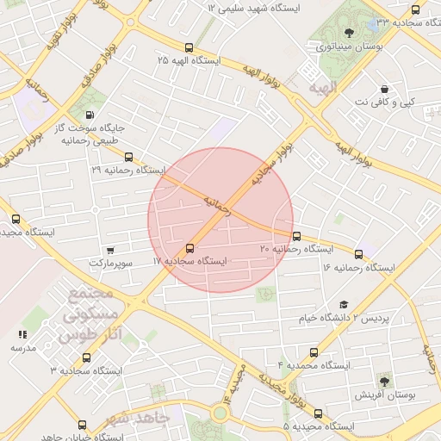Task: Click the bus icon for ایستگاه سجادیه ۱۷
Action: point(190,249)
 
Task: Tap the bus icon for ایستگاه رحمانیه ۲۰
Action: point(297,236)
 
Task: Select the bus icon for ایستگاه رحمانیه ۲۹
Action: point(128,157)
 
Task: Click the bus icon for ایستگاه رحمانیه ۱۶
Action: point(359,253)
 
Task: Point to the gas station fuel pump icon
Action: point(90,115)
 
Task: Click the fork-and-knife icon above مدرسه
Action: point(22,333)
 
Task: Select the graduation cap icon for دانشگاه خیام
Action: point(344,304)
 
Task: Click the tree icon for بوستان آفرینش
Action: point(383,379)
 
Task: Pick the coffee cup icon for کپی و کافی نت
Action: point(383,89)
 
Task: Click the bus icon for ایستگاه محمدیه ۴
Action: point(314,352)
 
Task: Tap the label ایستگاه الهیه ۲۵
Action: point(189,61)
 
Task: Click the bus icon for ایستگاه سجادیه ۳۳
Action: point(416,10)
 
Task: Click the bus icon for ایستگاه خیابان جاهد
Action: point(82,425)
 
